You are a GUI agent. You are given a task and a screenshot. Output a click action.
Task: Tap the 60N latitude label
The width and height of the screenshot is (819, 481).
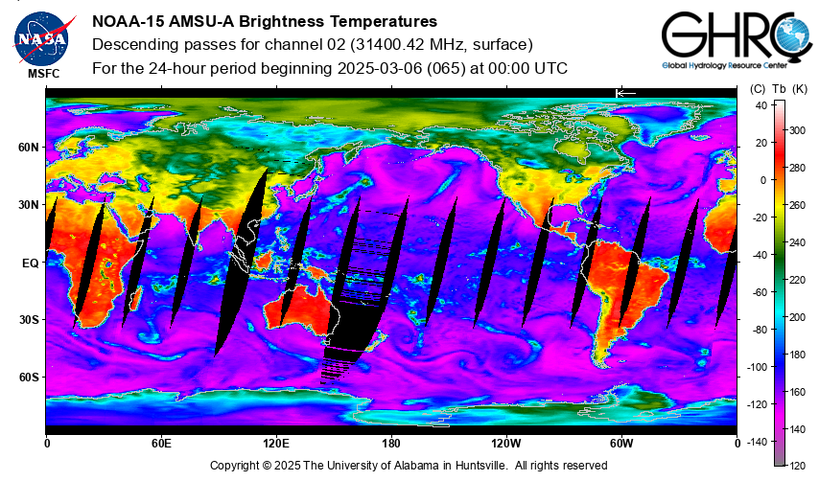(x=29, y=148)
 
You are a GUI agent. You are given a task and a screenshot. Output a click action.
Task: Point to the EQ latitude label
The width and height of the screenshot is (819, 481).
(x=31, y=263)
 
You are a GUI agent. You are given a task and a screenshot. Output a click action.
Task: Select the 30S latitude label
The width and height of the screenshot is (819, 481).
(x=29, y=320)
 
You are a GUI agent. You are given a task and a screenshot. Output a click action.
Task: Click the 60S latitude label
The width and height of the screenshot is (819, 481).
(x=29, y=378)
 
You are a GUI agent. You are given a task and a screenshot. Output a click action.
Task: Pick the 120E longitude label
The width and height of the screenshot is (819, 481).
(x=276, y=444)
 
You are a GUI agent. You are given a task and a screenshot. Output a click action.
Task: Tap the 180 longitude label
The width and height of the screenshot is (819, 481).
(x=391, y=444)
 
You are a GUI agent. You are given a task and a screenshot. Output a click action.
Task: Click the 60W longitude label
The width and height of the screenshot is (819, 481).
(x=621, y=444)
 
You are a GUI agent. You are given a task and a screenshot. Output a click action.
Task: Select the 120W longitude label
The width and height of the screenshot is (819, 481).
(x=506, y=444)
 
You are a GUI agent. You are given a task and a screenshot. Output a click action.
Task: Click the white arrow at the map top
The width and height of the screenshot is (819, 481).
(x=625, y=93)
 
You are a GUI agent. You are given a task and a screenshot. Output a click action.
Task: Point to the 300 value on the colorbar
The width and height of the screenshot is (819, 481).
(x=797, y=130)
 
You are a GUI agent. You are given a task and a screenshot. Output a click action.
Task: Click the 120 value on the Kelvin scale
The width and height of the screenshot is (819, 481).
(x=797, y=466)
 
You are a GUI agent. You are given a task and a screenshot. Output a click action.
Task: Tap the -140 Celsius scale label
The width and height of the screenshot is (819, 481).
(x=757, y=443)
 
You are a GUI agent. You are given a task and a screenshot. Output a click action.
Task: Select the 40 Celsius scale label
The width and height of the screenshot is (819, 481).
(x=761, y=105)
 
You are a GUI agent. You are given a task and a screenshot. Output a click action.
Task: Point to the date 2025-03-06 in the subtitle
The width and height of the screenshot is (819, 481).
(x=380, y=68)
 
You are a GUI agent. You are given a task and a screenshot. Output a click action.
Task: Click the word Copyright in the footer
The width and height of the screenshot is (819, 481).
(x=234, y=466)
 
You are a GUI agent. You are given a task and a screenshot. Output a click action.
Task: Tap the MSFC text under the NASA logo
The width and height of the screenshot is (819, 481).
(x=44, y=74)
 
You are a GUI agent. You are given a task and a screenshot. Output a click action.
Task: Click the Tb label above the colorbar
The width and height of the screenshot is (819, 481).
(x=779, y=89)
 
